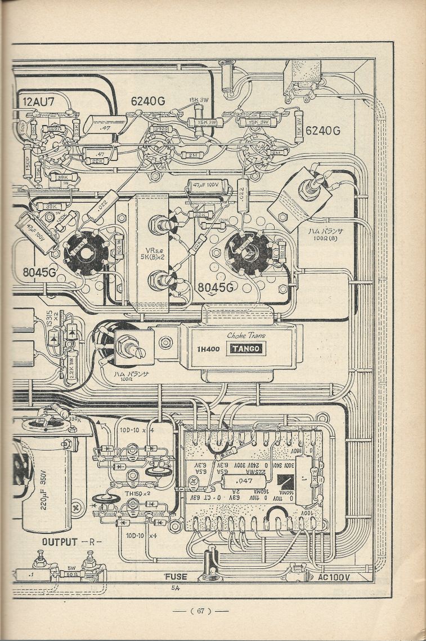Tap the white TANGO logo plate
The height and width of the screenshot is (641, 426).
pos(244,349)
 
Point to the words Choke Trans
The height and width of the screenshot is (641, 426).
pos(246,336)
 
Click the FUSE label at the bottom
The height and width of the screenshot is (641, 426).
pos(175,576)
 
